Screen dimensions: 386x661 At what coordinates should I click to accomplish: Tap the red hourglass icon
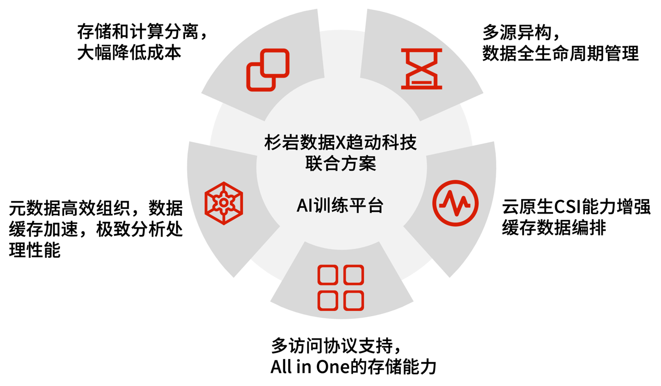point(421,69)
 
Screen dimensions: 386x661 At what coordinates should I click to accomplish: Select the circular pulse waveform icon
point(455,203)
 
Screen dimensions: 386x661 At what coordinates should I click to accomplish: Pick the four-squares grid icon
point(340,288)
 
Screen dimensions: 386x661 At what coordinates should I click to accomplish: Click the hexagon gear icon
point(224,203)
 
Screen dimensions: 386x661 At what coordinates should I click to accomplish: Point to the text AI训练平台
point(340,206)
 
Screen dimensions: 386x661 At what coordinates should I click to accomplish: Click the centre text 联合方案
point(340,164)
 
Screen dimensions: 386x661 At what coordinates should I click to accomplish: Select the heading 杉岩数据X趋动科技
point(340,143)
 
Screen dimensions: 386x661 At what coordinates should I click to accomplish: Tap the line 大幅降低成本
point(129,53)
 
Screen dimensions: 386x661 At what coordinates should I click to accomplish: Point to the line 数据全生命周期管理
point(560,53)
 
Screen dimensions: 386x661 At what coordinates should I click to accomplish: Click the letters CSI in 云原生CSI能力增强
point(563,207)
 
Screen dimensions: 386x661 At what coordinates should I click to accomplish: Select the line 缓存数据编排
point(554,228)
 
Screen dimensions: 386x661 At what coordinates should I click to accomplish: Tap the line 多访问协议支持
point(329,346)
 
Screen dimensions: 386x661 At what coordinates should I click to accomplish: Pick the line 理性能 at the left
point(35,250)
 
